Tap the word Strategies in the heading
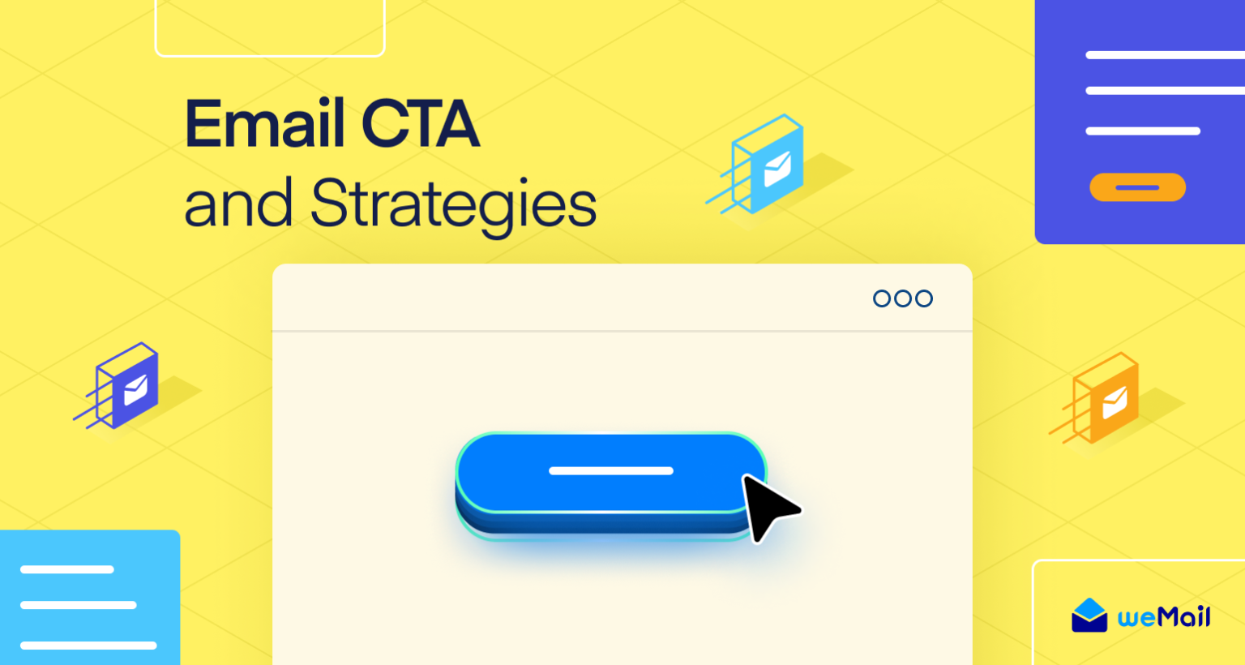pos(453,204)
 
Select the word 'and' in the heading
pos(238,204)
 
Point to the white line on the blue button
pos(611,470)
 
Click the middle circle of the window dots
pos(903,298)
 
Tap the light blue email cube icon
pos(767,165)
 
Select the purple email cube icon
pos(127,386)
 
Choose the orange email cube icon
pos(1106,398)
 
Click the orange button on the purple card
pos(1137,187)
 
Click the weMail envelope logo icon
pos(1089,616)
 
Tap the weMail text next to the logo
pos(1164,617)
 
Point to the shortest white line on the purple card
pos(1142,131)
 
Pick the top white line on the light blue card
pos(66,569)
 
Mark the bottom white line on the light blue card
pos(88,646)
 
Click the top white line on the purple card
pos(1165,55)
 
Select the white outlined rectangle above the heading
pos(270,28)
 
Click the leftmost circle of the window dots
pos(882,298)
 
